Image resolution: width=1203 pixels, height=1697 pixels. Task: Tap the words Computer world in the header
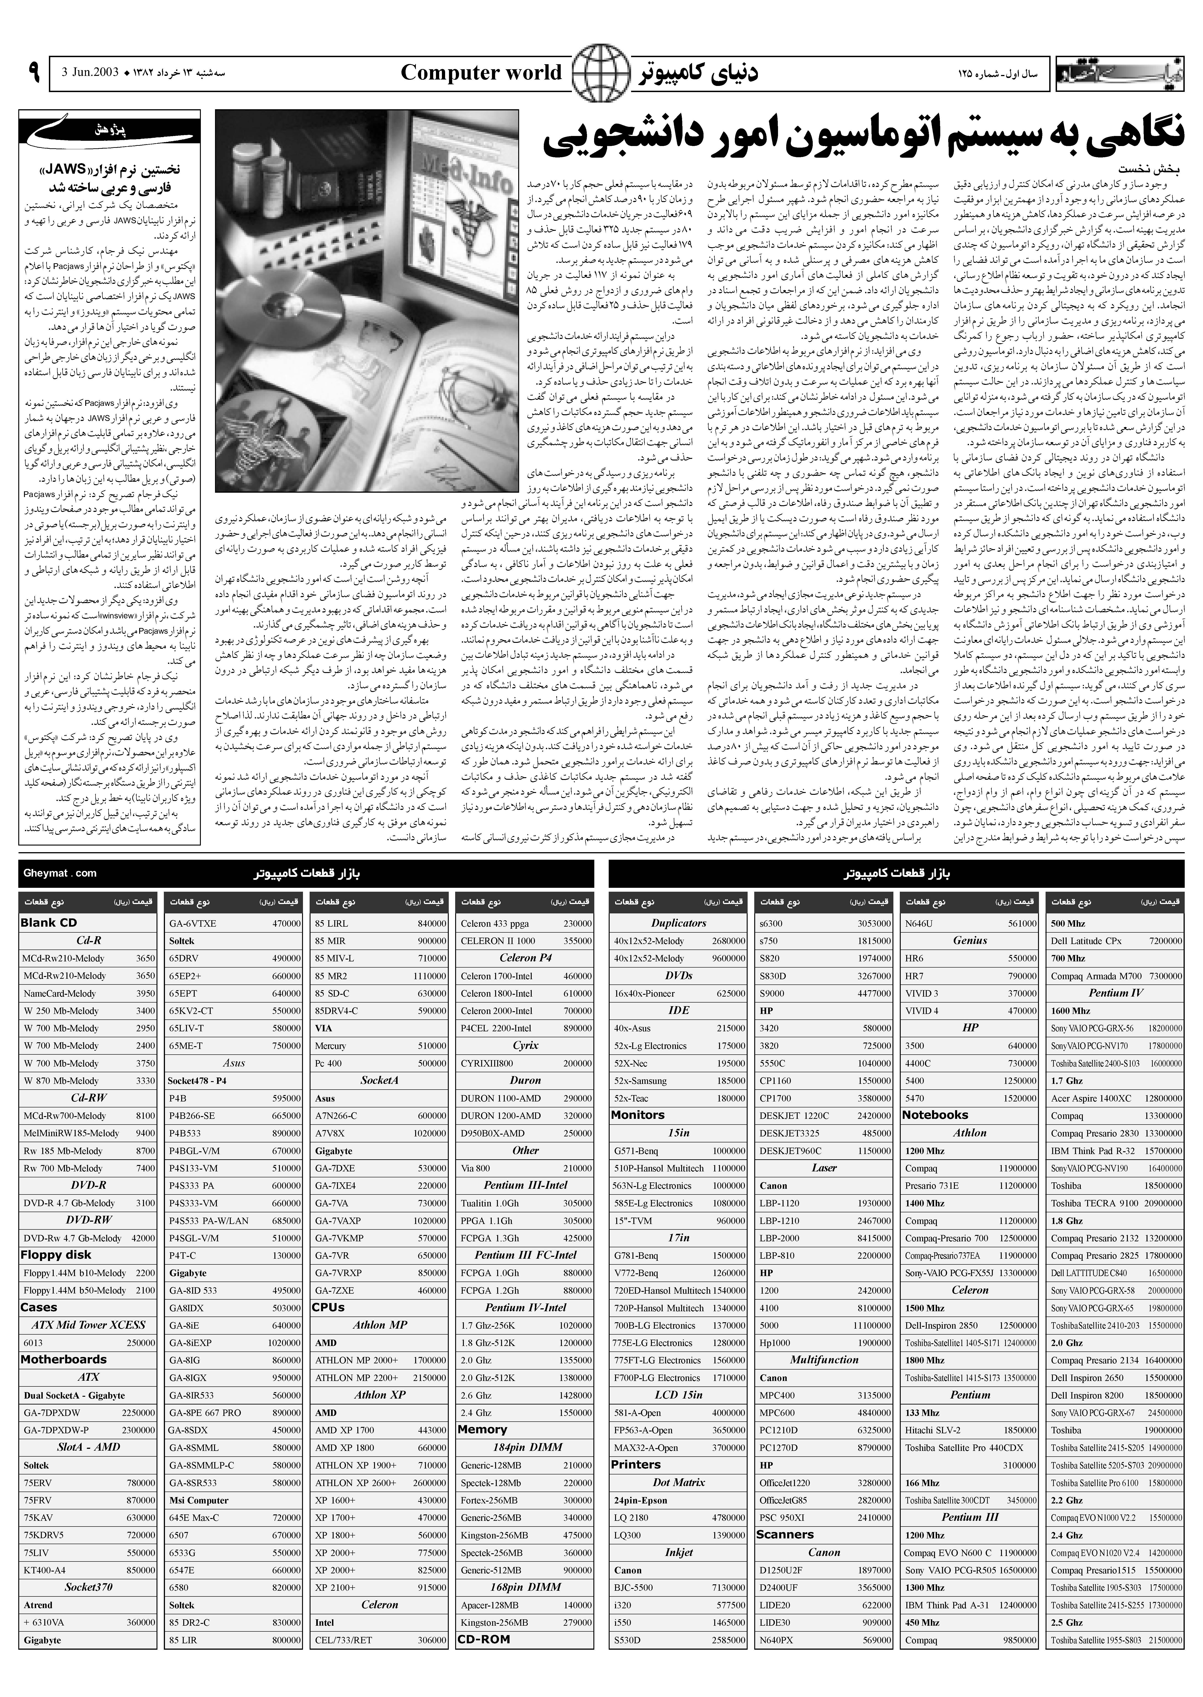pos(481,73)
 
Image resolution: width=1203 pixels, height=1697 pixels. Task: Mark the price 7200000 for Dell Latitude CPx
pos(1165,941)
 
